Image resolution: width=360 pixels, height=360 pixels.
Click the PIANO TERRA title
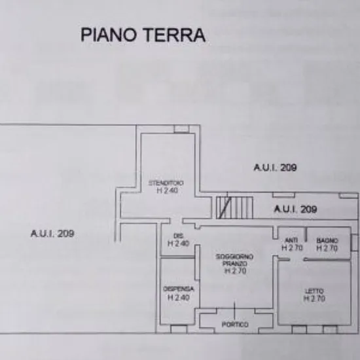[143, 35]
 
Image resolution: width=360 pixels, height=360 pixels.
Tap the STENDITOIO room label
[166, 183]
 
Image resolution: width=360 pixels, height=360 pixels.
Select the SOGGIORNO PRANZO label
[234, 260]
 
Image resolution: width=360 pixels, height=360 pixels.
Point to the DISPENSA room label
[179, 289]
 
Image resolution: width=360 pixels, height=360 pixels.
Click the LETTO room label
[314, 291]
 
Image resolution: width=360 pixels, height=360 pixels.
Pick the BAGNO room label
[327, 240]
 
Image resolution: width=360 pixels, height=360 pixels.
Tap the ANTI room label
[291, 240]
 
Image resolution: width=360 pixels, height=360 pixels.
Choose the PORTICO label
[235, 325]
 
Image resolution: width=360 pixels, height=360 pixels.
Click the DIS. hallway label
[179, 236]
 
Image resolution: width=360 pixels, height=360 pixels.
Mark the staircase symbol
[234, 207]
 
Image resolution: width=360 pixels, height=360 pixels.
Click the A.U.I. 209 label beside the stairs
[295, 209]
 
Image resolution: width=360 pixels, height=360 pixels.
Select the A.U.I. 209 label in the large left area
[52, 234]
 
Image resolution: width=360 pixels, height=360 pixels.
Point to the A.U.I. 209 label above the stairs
[276, 168]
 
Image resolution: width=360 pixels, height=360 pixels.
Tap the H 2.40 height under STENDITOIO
[167, 190]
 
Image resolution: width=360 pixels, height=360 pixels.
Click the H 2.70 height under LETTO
[314, 298]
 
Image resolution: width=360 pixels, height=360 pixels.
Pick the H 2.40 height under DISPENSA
[179, 298]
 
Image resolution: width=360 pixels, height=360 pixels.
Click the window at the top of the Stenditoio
[181, 129]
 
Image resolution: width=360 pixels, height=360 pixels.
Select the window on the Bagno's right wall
[354, 243]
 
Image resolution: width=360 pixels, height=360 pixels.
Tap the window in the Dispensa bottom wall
[179, 329]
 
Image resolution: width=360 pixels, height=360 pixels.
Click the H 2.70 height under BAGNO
[327, 248]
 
